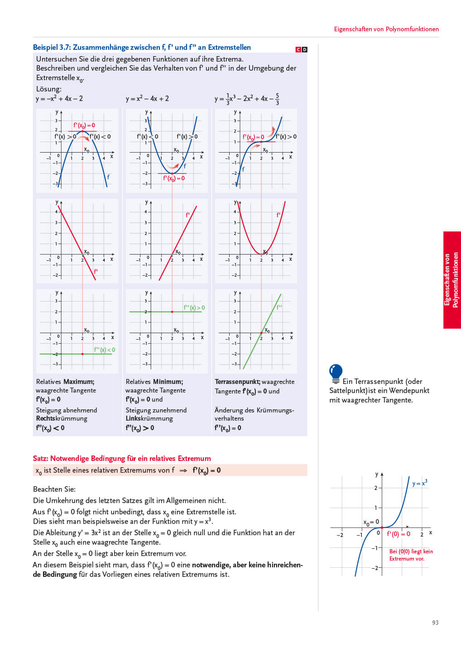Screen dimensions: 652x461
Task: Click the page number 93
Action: [x=435, y=623]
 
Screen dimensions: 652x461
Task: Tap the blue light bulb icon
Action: [x=336, y=373]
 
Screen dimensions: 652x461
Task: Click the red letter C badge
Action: [x=298, y=49]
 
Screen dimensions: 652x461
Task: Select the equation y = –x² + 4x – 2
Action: [x=59, y=99]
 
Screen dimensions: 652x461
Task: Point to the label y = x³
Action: [x=420, y=483]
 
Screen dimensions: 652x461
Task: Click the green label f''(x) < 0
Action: [x=105, y=350]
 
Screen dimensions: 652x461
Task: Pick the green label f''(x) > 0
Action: [x=194, y=307]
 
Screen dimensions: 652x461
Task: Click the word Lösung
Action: [x=48, y=89]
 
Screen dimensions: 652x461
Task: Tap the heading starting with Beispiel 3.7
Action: [x=142, y=47]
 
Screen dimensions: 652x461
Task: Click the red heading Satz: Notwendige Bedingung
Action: [x=122, y=458]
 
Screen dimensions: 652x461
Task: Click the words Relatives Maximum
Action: [x=65, y=382]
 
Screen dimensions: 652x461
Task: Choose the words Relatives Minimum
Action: [x=154, y=382]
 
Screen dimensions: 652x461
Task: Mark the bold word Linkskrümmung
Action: [x=149, y=418]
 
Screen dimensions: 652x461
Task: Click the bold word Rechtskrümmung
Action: [x=62, y=418]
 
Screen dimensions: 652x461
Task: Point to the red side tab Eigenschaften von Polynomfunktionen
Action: [x=451, y=280]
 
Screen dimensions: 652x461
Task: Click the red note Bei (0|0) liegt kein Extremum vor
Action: [x=411, y=555]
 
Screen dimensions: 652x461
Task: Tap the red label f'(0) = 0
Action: [x=399, y=534]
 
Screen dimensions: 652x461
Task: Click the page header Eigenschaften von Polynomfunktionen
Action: [x=386, y=29]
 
